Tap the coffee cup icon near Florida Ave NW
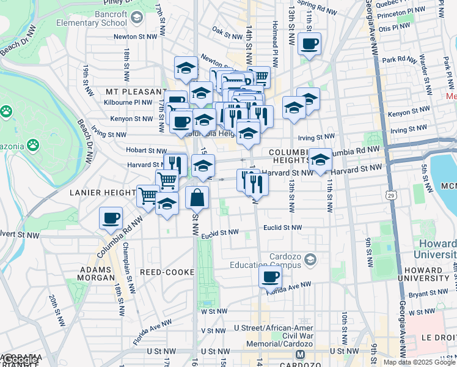click(x=270, y=276)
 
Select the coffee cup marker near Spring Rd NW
click(x=310, y=44)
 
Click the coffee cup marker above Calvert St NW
click(x=111, y=218)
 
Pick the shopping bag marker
click(x=197, y=198)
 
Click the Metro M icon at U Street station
click(x=300, y=354)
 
